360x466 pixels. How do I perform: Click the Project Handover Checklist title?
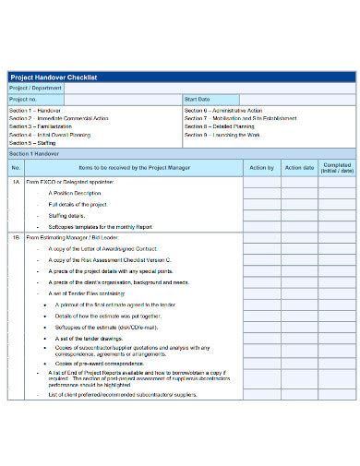(x=54, y=77)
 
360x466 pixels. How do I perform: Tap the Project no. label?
(x=23, y=98)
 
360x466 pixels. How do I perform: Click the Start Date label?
(x=198, y=98)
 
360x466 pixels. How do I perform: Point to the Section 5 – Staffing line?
(x=32, y=143)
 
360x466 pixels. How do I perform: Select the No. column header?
(x=16, y=168)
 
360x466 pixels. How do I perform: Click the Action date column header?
(x=299, y=168)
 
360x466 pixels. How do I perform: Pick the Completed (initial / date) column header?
(x=336, y=168)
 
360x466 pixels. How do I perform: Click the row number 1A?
(x=16, y=184)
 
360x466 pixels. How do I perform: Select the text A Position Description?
(x=78, y=193)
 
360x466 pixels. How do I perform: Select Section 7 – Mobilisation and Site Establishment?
(x=236, y=118)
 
